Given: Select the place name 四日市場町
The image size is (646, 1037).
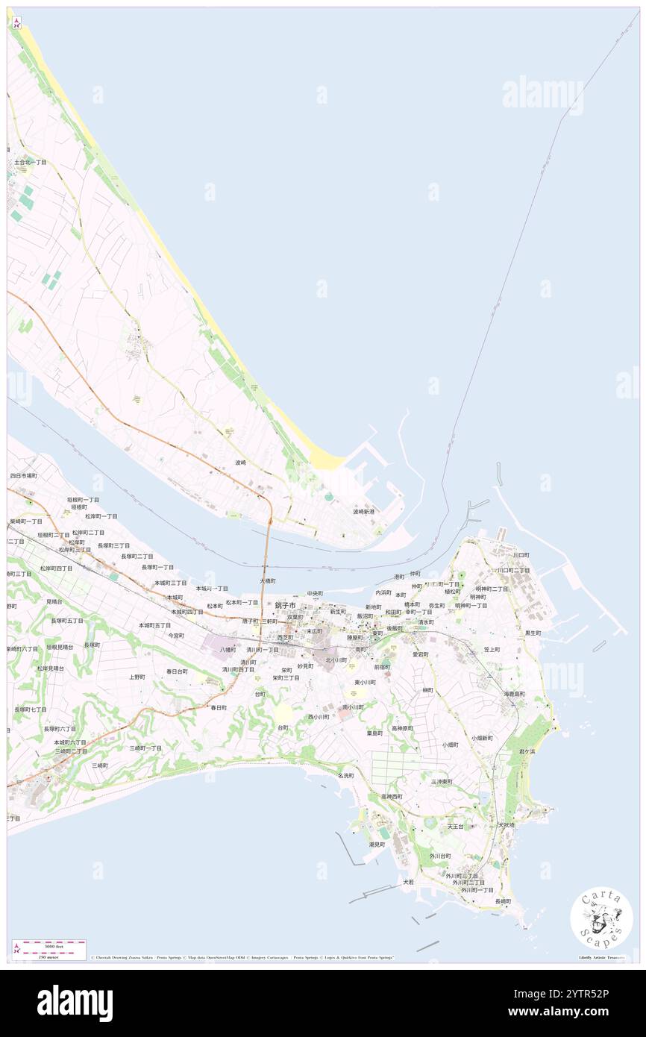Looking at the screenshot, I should click(23, 475).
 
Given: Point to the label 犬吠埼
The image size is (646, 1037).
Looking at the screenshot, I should click(507, 825).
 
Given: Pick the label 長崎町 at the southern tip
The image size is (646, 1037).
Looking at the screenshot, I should click(504, 901).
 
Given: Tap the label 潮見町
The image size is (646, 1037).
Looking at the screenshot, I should click(377, 845).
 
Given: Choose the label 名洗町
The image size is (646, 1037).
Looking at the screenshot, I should click(345, 776).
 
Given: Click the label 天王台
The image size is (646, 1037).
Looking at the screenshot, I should click(455, 827).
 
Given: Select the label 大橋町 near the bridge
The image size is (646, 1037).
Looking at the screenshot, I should click(268, 580).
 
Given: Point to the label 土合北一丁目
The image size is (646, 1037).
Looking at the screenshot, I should click(30, 162).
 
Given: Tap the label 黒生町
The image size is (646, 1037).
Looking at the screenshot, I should click(533, 633).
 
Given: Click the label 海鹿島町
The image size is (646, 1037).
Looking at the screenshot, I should click(514, 694).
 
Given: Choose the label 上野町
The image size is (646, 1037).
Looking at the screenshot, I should click(137, 677).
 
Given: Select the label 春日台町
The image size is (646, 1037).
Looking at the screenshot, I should click(177, 671).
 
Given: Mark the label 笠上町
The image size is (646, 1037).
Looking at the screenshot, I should click(492, 650).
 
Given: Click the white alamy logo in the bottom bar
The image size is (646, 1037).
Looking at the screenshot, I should click(75, 1003).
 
